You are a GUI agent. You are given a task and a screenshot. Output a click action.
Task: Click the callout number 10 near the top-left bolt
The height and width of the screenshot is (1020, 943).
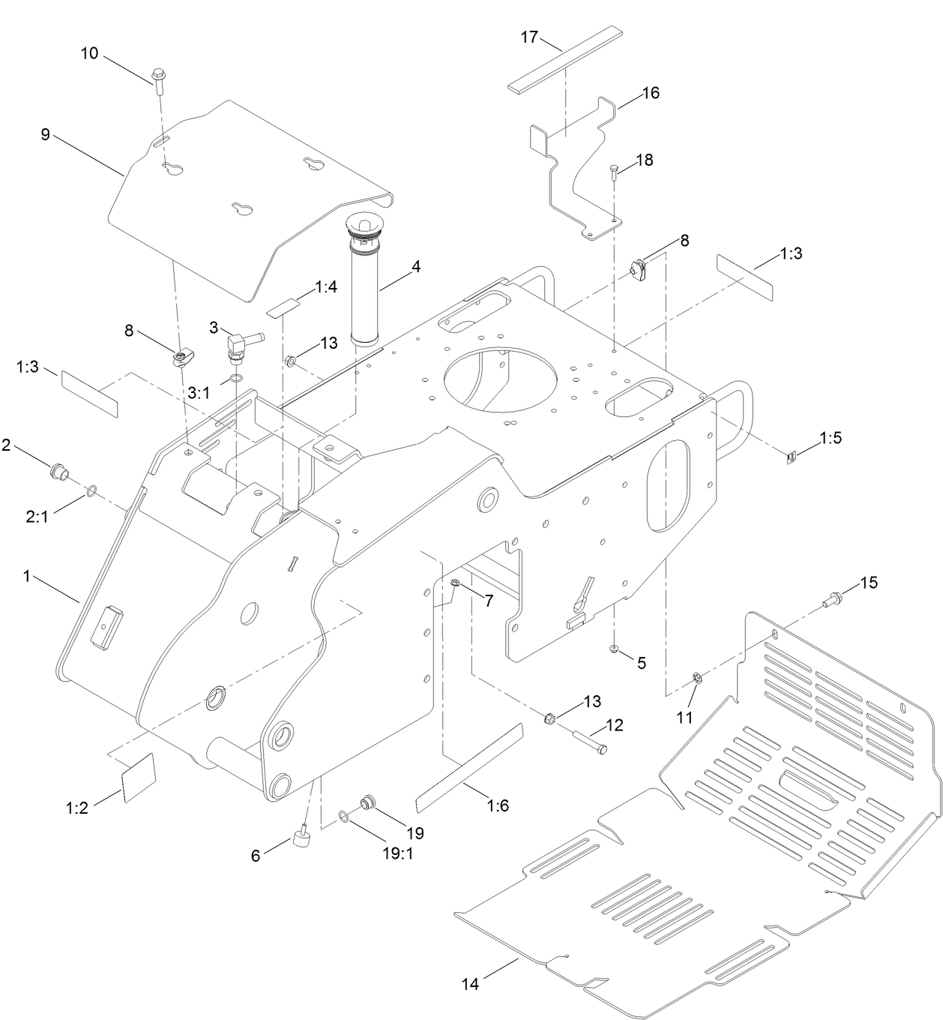tap(89, 54)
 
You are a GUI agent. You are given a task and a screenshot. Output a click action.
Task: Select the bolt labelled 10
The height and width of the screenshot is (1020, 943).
tap(158, 78)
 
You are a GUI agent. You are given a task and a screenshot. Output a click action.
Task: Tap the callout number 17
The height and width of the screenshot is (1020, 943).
tap(530, 36)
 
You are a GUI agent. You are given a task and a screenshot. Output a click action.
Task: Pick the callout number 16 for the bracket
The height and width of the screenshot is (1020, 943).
tap(650, 93)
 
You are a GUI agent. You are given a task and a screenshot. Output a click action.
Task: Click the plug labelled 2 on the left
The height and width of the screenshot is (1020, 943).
tap(58, 472)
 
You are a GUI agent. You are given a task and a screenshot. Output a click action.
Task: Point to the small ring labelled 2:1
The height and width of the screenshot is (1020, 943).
tap(91, 491)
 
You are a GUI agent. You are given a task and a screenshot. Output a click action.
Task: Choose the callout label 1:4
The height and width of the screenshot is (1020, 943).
tap(326, 286)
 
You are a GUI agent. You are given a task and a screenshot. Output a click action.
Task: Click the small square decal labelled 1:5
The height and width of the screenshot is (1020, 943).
tap(791, 456)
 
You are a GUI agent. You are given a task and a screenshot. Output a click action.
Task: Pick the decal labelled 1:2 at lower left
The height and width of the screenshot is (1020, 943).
tap(138, 778)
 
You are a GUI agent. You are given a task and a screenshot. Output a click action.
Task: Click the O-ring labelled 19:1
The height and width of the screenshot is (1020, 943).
tap(343, 817)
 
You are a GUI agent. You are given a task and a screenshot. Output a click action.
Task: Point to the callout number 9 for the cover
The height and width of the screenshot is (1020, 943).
tap(45, 134)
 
